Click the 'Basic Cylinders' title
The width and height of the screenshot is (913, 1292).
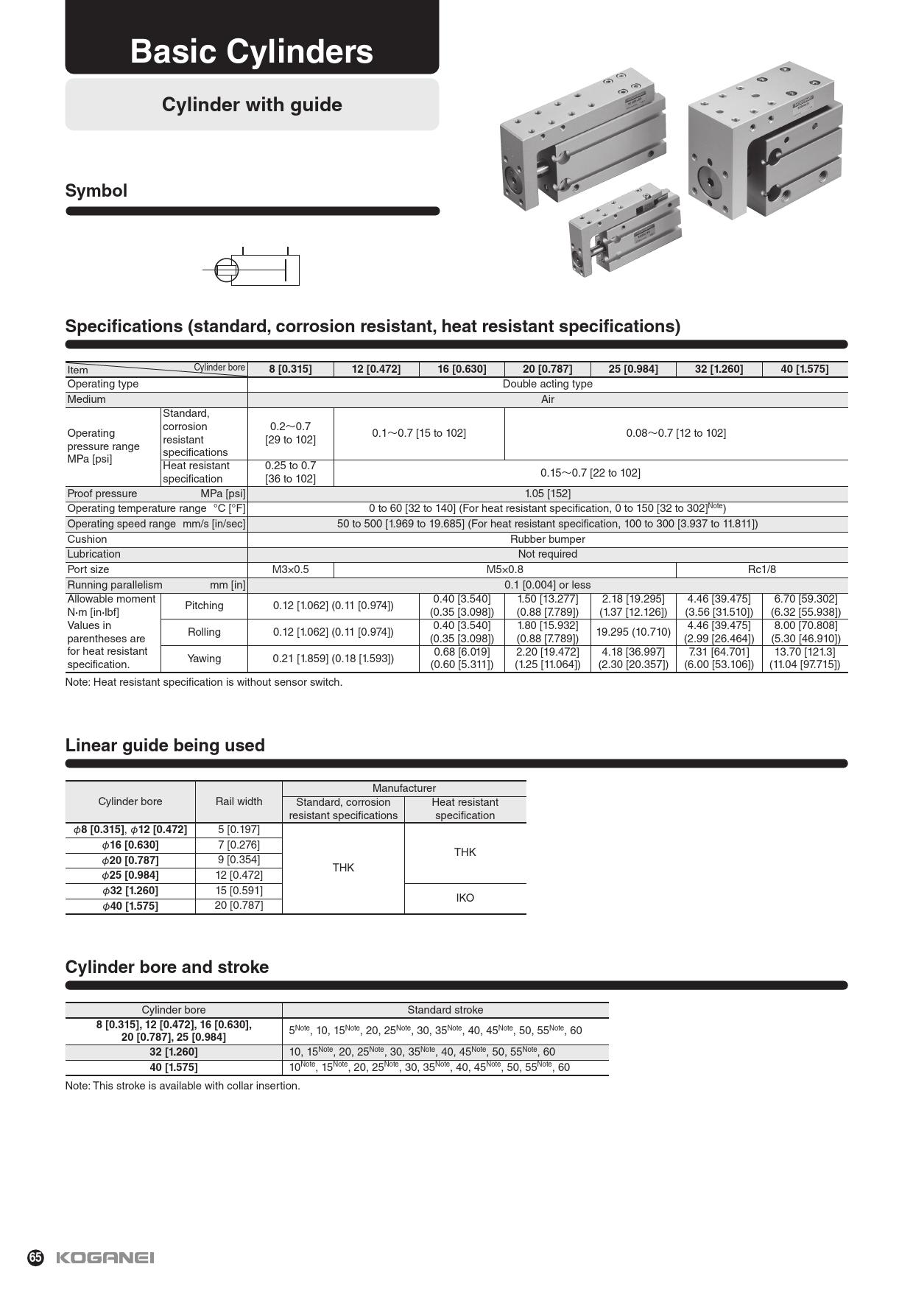[252, 52]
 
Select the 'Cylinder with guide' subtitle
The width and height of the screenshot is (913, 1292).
[252, 105]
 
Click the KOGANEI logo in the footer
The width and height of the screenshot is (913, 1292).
[105, 1257]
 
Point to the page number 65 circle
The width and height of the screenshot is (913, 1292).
[36, 1257]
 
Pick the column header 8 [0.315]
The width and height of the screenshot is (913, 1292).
[290, 369]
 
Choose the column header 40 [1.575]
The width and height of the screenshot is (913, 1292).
[804, 369]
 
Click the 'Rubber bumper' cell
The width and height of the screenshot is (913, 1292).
[547, 539]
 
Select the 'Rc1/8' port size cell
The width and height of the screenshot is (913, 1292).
[761, 569]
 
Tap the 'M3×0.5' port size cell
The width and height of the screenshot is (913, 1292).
[290, 569]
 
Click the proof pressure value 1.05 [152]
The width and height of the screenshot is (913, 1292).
[547, 494]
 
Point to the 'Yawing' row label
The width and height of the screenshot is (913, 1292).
[204, 659]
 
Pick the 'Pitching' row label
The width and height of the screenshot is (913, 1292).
[204, 605]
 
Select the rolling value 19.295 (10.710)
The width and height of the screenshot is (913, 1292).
[633, 632]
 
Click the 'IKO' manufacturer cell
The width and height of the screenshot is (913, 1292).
[465, 898]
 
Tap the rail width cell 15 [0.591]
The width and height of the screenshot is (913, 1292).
[239, 890]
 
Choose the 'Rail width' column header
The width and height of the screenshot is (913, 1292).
[239, 801]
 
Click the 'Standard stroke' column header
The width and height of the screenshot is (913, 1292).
[445, 1010]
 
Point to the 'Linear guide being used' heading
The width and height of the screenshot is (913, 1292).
[165, 745]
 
